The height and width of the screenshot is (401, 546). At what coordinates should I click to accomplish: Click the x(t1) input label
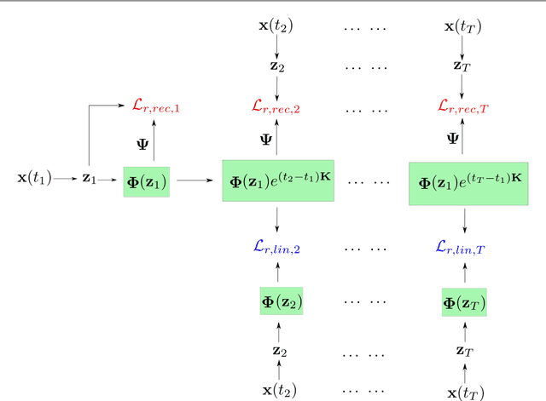(34, 179)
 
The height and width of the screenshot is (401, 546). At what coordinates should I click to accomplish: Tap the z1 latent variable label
(89, 179)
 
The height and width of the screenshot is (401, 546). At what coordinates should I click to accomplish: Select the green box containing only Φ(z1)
(147, 180)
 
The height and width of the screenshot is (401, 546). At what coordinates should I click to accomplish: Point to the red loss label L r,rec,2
(276, 106)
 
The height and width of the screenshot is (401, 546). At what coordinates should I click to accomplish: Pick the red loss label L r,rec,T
(464, 106)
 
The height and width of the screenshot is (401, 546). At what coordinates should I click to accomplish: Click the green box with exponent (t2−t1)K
(277, 180)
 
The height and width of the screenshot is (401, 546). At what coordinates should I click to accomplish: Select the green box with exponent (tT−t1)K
(465, 182)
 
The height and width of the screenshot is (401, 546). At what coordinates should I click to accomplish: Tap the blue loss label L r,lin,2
(276, 247)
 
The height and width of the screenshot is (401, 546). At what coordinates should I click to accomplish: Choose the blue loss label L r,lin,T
(464, 247)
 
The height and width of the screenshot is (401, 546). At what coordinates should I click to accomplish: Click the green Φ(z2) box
(282, 301)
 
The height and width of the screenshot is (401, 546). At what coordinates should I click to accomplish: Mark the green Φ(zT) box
(464, 302)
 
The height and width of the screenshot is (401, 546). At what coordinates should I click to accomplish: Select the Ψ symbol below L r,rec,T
(452, 138)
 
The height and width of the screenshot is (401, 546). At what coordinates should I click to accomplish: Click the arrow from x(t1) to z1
(65, 179)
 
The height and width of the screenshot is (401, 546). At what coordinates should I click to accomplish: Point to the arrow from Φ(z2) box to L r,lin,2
(276, 272)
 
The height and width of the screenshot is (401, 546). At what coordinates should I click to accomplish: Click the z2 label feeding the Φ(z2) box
(276, 350)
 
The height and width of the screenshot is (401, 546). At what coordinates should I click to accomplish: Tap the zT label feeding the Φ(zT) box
(464, 350)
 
